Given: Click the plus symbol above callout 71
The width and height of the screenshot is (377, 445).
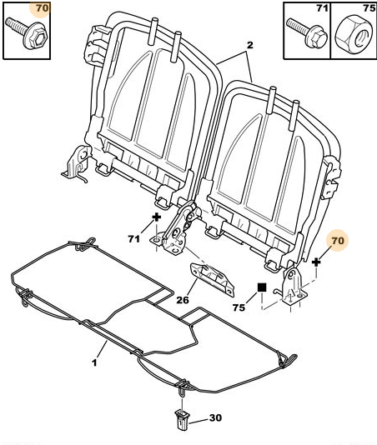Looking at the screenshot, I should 156,219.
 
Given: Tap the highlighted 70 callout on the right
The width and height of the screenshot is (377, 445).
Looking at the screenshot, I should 338,241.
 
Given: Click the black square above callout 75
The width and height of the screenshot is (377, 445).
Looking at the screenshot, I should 261,288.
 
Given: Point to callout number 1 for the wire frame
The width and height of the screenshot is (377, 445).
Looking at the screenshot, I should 94,362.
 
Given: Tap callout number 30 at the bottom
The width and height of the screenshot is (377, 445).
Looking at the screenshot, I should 215,418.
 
